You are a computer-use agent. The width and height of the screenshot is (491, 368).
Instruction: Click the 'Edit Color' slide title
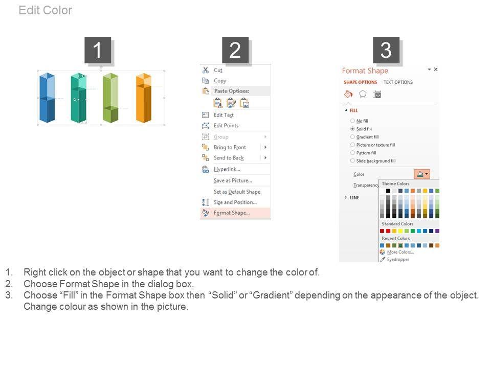coord(46,10)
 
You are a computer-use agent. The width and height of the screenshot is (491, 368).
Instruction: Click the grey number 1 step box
coord(98,50)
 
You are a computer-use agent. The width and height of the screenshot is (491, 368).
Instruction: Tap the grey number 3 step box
coord(386,50)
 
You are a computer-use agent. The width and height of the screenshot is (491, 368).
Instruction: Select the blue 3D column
coord(47,97)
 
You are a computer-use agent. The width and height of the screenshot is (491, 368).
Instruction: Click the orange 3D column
coord(144,98)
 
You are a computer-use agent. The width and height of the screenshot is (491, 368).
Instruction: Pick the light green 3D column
coord(110,98)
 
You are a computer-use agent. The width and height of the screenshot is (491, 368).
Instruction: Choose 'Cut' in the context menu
coord(218,70)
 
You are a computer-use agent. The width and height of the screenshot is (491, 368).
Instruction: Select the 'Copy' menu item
coord(220,81)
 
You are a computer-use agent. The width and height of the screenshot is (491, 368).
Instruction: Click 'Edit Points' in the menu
coord(226,126)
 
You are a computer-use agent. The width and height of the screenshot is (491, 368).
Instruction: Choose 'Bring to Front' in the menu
coord(230,147)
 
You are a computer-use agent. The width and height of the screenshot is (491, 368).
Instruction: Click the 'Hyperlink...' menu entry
coord(227,169)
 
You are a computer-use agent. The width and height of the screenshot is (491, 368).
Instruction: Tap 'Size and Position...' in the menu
coord(235,202)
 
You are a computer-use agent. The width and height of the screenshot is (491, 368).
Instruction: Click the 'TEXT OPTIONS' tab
coord(398,82)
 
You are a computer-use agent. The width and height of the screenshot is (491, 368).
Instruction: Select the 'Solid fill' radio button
coord(352,129)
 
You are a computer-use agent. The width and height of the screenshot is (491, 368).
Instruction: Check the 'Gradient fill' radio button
coord(352,137)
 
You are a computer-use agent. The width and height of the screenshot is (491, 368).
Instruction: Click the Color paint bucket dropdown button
coord(422,174)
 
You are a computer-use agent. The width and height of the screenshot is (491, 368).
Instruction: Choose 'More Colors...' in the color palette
coord(400,252)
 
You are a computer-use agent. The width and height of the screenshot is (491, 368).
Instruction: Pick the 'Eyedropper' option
coord(398,260)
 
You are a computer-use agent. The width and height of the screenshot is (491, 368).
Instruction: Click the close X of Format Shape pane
coord(436,70)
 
